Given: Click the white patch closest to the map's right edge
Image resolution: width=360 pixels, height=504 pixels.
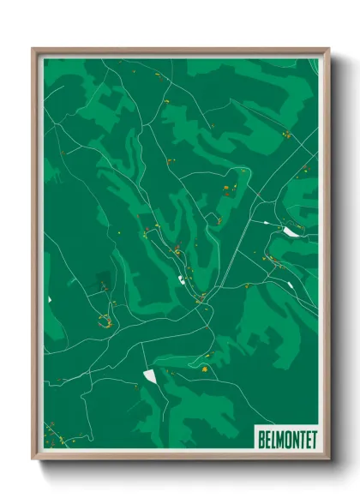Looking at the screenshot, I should pyautogui.click(x=292, y=231).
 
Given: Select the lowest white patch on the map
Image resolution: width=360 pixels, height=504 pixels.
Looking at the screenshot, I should pyautogui.click(x=151, y=375).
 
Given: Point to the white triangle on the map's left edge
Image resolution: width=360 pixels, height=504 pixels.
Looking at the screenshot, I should pyautogui.click(x=49, y=299).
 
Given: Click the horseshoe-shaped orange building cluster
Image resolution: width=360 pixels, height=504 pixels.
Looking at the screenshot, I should pyautogui.click(x=105, y=321).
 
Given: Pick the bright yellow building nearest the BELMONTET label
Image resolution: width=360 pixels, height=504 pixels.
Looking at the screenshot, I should pyautogui.click(x=205, y=369).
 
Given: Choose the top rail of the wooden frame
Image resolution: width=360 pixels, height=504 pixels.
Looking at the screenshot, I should pyautogui.click(x=180, y=51).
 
